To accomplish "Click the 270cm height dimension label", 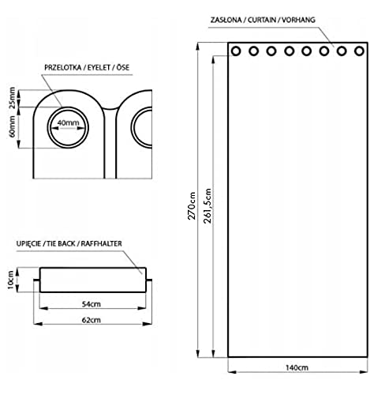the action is pyautogui.click(x=192, y=206).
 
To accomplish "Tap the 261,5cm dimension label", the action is pyautogui.click(x=207, y=206).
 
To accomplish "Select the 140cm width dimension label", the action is pyautogui.click(x=297, y=367).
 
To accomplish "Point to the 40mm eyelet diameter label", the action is pyautogui.click(x=68, y=122).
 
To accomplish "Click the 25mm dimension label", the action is pyautogui.click(x=13, y=98).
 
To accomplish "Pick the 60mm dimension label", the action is pyautogui.click(x=13, y=126).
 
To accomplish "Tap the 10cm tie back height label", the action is pyautogui.click(x=10, y=280).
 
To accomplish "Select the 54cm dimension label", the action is pyautogui.click(x=92, y=304).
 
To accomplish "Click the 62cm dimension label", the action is pyautogui.click(x=92, y=320).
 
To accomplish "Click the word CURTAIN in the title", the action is pyautogui.click(x=262, y=20).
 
